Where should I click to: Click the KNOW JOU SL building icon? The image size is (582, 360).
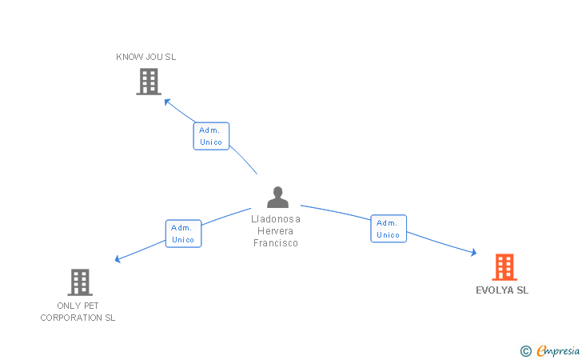149,81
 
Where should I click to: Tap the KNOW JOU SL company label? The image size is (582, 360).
146,57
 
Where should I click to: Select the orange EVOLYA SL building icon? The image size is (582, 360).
504,267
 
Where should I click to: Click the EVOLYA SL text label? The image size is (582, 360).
503,290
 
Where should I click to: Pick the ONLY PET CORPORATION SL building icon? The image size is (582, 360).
80,282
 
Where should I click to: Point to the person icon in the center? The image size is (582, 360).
277,197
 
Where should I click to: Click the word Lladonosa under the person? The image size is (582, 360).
276,218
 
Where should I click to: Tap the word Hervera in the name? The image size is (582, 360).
276,230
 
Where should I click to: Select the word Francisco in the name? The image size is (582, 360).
276,243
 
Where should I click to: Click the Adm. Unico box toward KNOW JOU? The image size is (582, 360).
211,136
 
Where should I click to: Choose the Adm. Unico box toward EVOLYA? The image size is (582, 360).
389,229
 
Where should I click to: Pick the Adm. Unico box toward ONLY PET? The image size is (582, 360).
183,234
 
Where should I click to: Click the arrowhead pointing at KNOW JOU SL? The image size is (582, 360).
166,101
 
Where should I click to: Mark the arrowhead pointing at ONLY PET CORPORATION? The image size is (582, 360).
118,259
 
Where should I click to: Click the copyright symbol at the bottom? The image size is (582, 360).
525,350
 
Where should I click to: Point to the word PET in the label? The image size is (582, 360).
90,306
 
